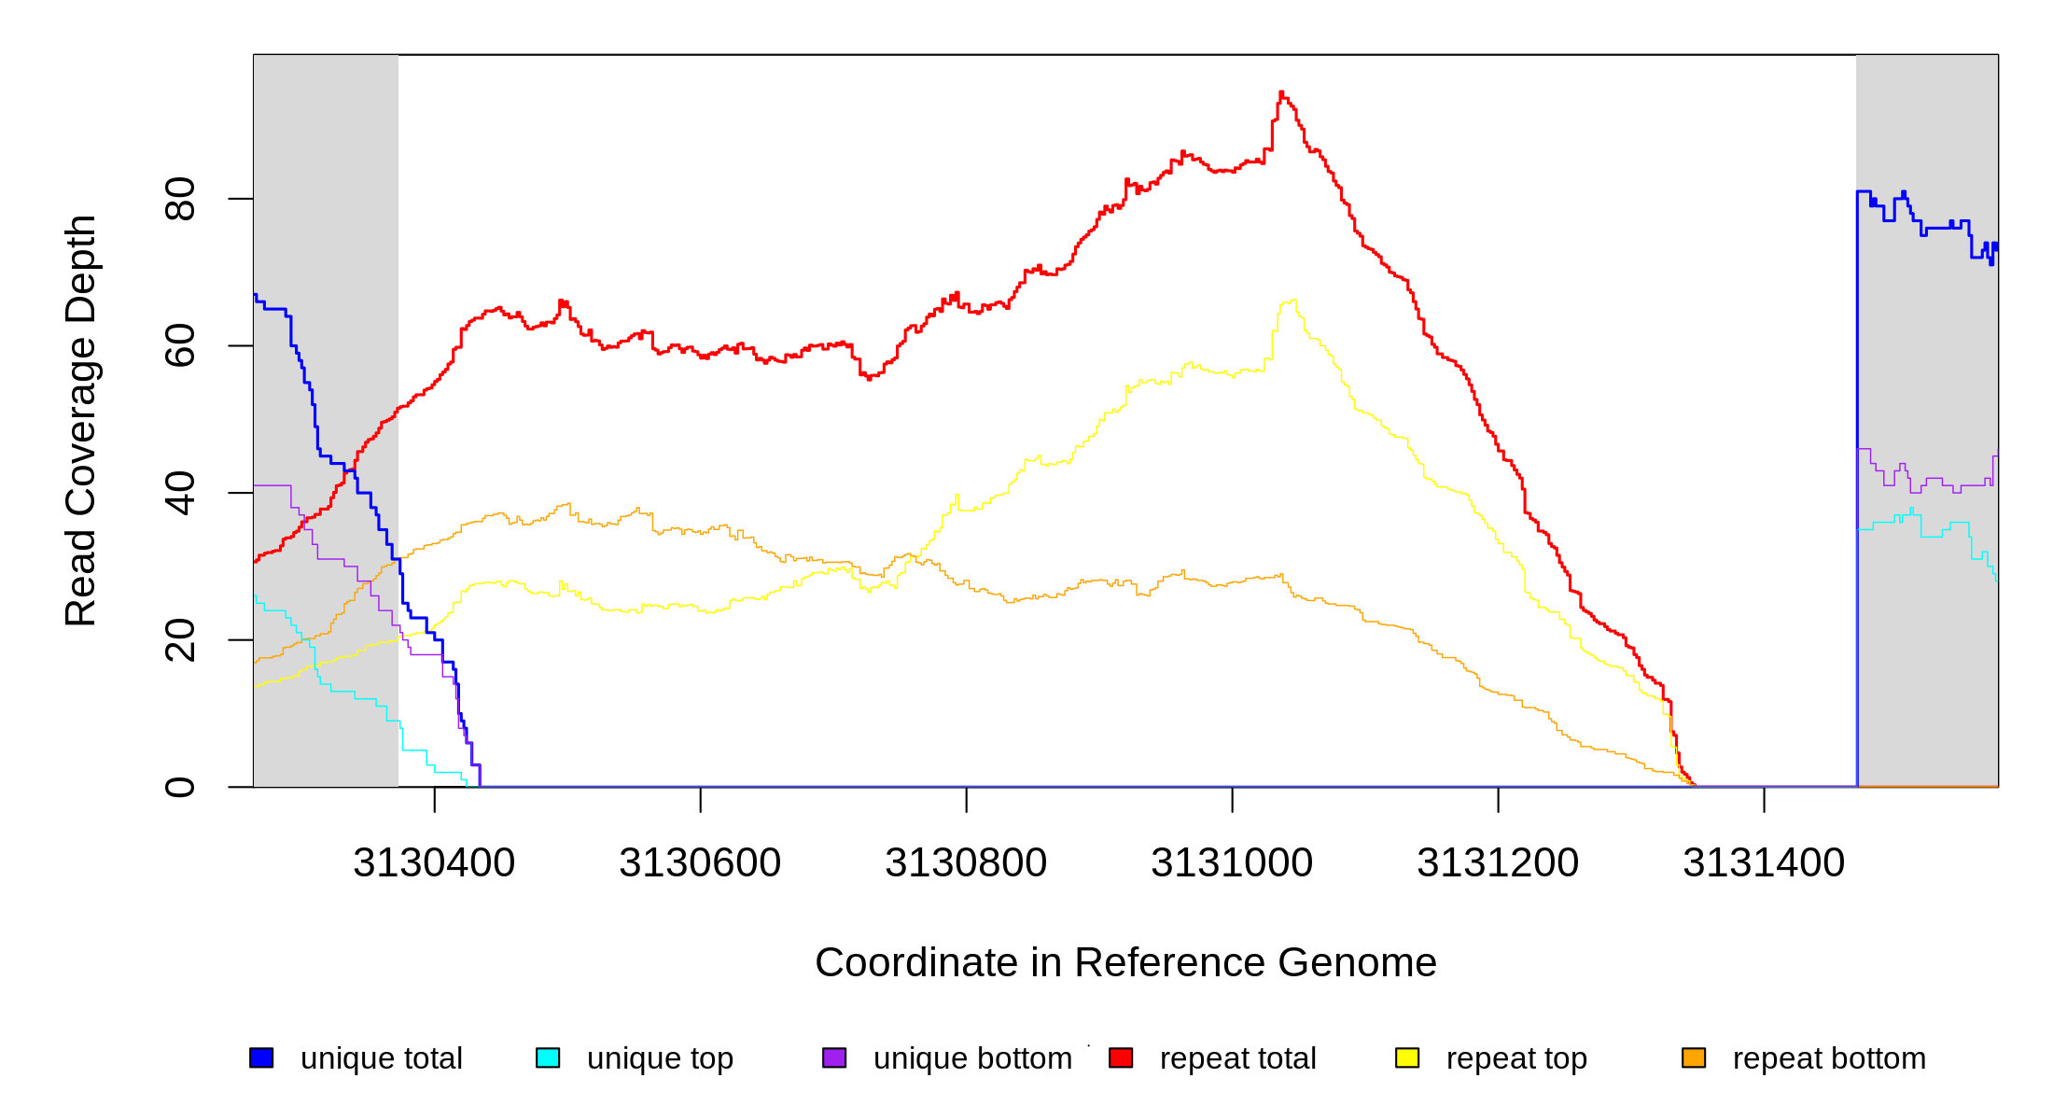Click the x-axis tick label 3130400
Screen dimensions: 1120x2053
click(434, 863)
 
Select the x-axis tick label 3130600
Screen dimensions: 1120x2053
click(700, 863)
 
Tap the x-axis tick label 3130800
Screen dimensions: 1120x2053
click(966, 863)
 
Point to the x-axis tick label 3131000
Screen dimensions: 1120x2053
click(1232, 863)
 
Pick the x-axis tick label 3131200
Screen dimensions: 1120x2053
click(1498, 863)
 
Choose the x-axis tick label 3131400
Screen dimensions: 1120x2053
click(1764, 863)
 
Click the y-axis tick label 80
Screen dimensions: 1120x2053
click(180, 199)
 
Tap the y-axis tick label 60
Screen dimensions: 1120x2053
click(180, 345)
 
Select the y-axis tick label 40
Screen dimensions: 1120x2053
click(180, 493)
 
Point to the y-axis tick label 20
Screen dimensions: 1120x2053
click(180, 640)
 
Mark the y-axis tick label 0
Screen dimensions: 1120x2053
click(180, 787)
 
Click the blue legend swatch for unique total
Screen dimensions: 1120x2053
click(261, 1057)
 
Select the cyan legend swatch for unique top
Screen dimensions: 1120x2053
click(548, 1057)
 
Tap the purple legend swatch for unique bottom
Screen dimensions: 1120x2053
click(834, 1057)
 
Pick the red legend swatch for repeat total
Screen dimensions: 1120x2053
click(1121, 1057)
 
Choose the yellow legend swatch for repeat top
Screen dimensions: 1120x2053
click(1407, 1057)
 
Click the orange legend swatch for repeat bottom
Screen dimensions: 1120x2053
click(1694, 1057)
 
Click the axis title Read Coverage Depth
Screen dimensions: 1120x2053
click(81, 420)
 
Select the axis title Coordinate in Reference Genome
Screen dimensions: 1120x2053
click(1125, 962)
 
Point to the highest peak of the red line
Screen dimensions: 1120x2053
click(1281, 92)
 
